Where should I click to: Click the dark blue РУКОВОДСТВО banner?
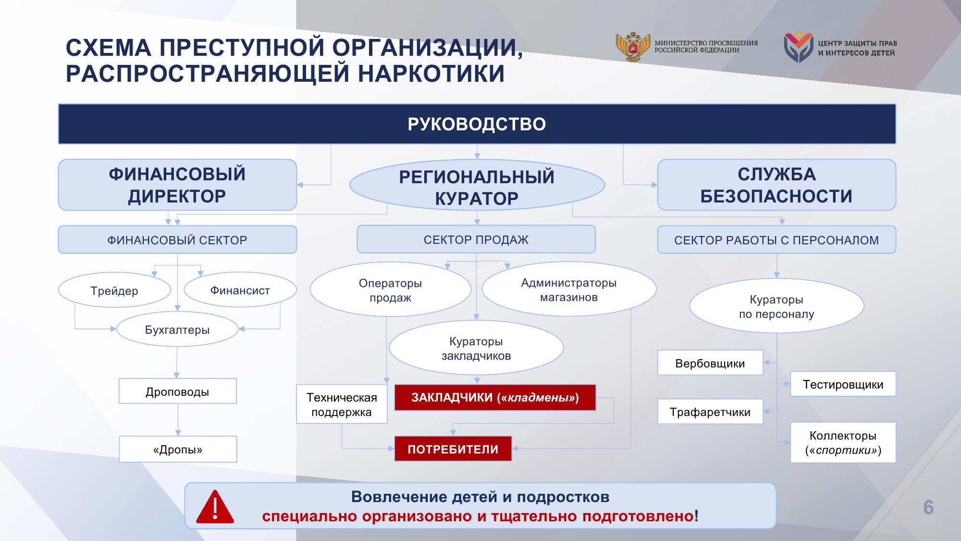coord(477,124)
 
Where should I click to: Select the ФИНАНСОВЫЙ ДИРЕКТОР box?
coord(177,185)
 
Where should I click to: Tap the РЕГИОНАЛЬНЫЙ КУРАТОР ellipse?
coord(477,186)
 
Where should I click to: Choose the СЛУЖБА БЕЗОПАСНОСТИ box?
coord(776,185)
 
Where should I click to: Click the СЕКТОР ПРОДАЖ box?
coord(476,239)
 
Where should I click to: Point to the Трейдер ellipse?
coord(114,290)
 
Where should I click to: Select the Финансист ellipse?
coord(240,290)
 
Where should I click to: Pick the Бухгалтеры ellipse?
coord(177,329)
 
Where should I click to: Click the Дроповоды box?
coord(178,391)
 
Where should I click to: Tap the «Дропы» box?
coord(178,449)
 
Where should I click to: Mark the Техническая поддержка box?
coord(342,404)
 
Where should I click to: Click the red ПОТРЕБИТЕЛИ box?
coord(453,449)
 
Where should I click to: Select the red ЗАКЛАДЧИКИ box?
coord(495,397)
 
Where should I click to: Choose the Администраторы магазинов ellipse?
coord(569,289)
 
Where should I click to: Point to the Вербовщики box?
coord(710,363)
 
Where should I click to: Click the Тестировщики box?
coord(843,384)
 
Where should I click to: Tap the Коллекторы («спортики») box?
coord(843,442)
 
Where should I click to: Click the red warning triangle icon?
coord(215,507)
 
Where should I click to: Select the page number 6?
coord(928,508)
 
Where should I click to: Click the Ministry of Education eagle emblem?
coord(633,47)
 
